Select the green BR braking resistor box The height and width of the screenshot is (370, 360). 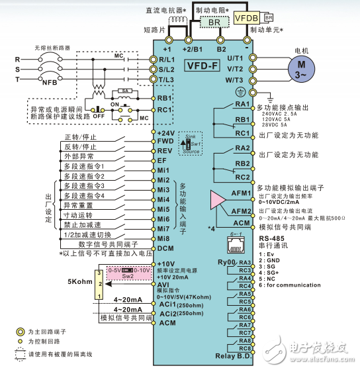214,22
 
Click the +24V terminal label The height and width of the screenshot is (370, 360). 167,132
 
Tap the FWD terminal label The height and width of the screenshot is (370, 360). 165,141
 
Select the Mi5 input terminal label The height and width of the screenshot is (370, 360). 164,208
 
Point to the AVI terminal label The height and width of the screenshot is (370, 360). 164,284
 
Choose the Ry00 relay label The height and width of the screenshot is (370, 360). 226,262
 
